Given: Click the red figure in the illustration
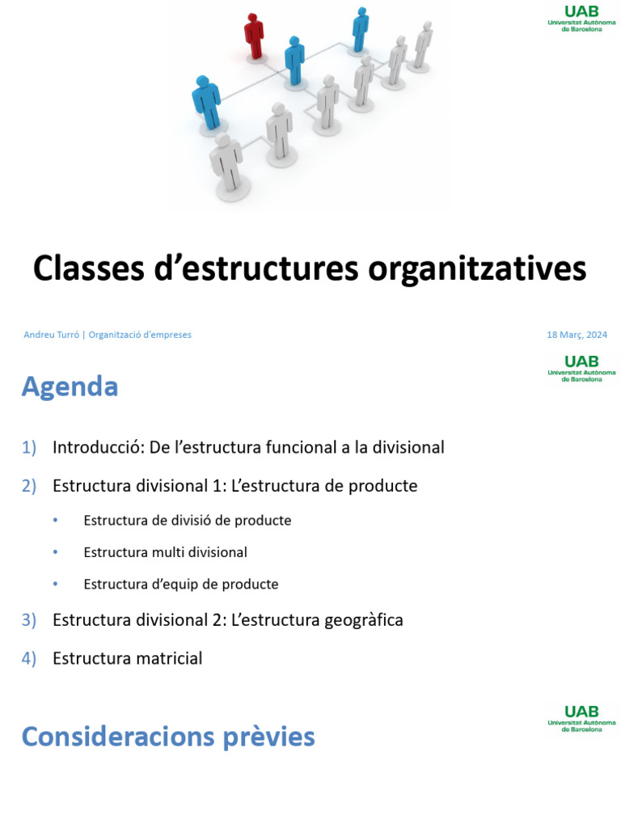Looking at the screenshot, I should [x=255, y=36].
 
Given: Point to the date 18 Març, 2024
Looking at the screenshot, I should [x=577, y=335].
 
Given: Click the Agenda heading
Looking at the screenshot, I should [x=70, y=387].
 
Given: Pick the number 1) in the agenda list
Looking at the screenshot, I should [x=29, y=447].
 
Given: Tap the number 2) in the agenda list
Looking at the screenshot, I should [x=29, y=486].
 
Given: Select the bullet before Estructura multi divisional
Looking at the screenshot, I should [x=55, y=552].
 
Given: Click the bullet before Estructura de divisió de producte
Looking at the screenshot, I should [x=55, y=521].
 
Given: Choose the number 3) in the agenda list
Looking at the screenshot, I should [x=29, y=620].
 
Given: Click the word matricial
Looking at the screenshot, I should [x=168, y=658].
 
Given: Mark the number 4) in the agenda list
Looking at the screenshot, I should [x=29, y=658].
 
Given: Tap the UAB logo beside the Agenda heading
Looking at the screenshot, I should [x=581, y=367].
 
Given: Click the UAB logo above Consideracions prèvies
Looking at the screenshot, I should [x=581, y=717].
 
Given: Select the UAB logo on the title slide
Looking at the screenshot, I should [x=581, y=16].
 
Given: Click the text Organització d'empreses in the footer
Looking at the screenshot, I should [x=140, y=335].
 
